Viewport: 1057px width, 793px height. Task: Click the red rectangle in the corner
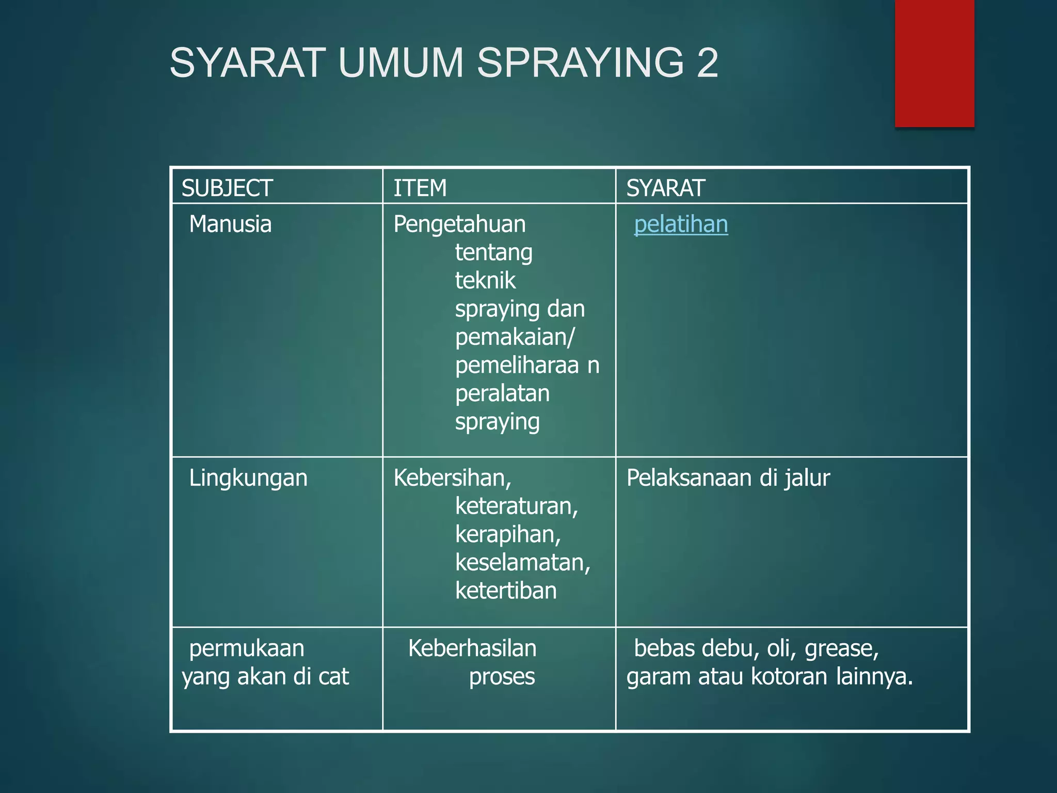tap(934, 63)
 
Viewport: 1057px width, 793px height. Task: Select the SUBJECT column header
tap(227, 188)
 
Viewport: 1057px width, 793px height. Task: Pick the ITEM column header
tap(420, 188)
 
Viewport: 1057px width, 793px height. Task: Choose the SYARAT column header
tap(665, 188)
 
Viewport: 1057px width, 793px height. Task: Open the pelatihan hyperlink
tap(681, 225)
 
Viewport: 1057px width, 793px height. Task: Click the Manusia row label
tap(230, 225)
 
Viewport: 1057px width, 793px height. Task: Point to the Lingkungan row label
tap(248, 478)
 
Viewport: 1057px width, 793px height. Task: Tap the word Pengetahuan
tap(459, 225)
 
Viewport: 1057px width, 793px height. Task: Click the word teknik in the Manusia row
tap(485, 281)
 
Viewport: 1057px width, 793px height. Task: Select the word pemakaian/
tap(515, 337)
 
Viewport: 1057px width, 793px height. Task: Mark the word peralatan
tap(502, 393)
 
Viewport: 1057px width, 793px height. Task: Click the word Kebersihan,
tap(452, 478)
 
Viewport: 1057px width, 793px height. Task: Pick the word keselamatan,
tap(522, 562)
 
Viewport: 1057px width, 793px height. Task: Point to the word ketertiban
tap(506, 591)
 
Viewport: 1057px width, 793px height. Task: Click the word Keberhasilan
tap(472, 648)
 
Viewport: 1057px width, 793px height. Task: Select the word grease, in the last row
tap(841, 648)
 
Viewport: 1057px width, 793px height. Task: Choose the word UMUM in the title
tap(401, 63)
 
